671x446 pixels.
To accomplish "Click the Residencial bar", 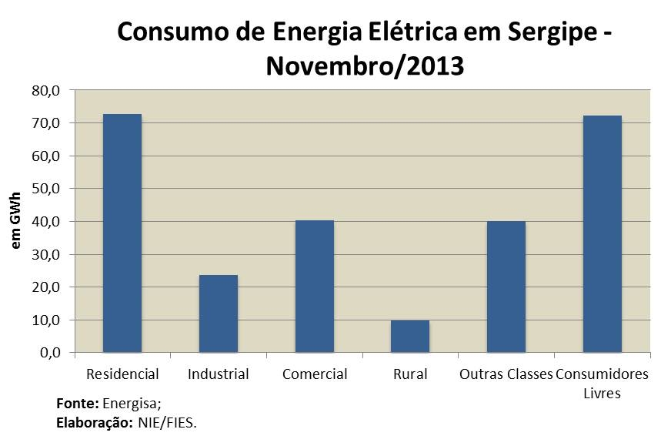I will point(122,233).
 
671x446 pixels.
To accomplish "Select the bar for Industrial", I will point(218,314).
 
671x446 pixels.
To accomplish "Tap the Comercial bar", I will point(314,287).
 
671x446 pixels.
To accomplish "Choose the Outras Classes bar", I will point(506,287).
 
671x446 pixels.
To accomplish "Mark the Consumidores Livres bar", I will point(602,234).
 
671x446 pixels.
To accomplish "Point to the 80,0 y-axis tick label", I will point(45,90).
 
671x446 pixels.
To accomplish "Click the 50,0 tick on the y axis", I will point(45,189).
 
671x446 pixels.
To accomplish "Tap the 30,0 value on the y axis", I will point(45,254).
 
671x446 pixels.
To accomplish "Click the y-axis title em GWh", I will point(16,222).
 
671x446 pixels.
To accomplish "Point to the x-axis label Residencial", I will point(122,375).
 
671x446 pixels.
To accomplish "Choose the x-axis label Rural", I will point(410,375).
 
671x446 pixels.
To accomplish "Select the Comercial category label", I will point(315,375).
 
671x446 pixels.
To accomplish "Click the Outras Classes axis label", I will point(506,375).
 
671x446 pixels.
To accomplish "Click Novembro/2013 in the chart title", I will point(365,66).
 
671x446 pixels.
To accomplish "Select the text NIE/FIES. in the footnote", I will point(168,423).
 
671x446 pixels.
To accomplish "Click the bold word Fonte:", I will point(78,404).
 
